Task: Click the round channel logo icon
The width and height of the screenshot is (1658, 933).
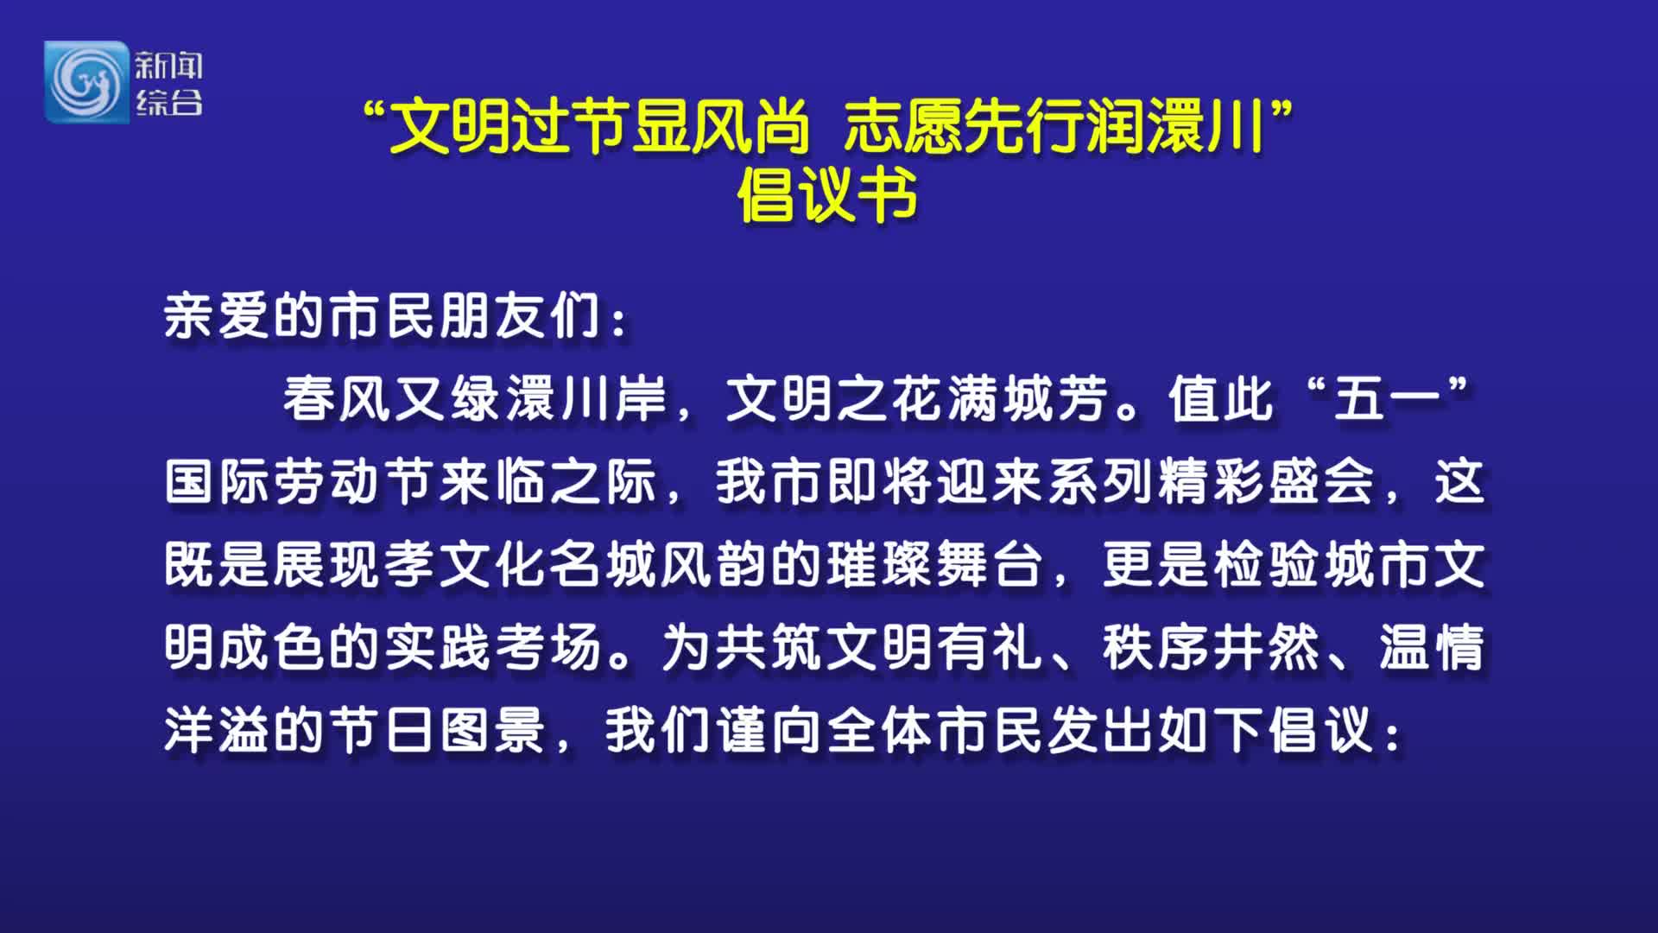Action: coord(86,82)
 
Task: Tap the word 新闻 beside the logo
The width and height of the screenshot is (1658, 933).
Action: coord(168,66)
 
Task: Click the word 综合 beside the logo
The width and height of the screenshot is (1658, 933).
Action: coord(168,102)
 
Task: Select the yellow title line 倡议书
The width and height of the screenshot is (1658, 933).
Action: coord(827,195)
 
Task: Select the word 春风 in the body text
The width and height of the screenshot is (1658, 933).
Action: coord(338,399)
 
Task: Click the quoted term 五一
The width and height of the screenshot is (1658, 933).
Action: coord(1388,399)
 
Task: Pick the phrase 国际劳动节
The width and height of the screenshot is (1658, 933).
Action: coord(301,482)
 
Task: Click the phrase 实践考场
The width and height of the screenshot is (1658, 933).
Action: coord(493,648)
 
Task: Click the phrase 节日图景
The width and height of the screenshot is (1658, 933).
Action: coord(438,731)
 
